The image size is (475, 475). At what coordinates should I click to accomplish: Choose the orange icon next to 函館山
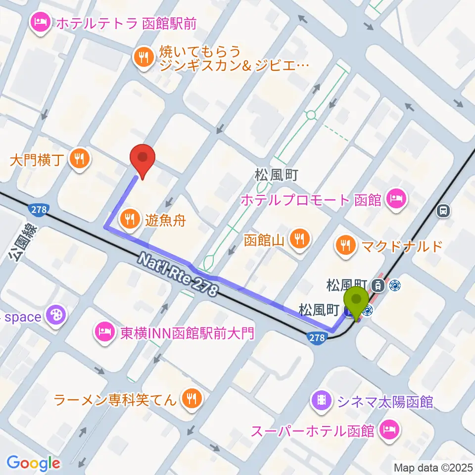point(300,239)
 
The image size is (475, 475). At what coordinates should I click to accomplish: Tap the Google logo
point(33,463)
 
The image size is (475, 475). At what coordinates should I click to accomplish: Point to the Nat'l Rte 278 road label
point(178,275)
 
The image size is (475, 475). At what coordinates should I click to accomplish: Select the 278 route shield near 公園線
point(38,209)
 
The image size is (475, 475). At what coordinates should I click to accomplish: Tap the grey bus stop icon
point(443,211)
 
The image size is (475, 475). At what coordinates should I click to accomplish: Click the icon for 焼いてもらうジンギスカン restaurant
point(144,57)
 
